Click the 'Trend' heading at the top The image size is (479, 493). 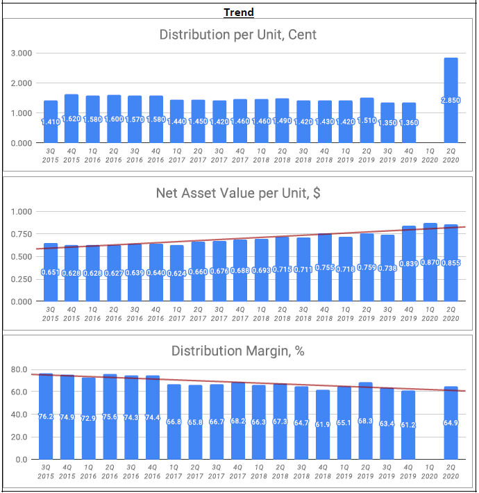coord(239,12)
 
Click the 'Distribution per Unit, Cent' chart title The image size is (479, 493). coord(238,35)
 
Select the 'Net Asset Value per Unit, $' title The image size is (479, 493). coord(238,194)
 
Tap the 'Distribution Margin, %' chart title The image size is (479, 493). coord(238,351)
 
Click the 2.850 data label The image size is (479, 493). coord(451,101)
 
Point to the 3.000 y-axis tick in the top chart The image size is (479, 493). coord(22,53)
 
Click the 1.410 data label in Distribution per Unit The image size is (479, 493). coord(51,122)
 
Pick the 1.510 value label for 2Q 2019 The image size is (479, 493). coord(367,120)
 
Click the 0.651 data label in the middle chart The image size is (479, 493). coord(51,271)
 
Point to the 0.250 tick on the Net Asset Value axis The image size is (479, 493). coord(22,279)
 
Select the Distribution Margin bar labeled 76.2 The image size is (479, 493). coord(46,431)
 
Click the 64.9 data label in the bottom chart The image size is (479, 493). coord(451,423)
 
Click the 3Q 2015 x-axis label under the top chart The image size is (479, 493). coord(51,154)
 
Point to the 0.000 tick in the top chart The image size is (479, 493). coord(22,143)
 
